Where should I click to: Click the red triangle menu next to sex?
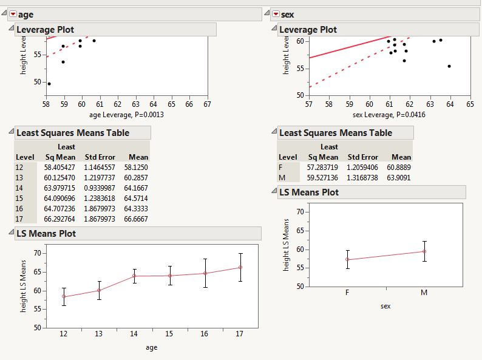pos(276,15)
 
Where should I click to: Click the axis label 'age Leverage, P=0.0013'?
pos(126,115)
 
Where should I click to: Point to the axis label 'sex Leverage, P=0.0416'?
pos(389,115)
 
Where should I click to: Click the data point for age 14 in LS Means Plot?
pos(134,276)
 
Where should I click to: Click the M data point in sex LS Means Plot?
pos(424,251)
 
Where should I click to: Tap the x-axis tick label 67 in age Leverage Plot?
pos(207,104)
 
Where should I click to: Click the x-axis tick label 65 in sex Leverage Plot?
pos(470,104)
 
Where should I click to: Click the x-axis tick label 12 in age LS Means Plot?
pos(63,335)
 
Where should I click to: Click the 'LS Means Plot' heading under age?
pos(46,234)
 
